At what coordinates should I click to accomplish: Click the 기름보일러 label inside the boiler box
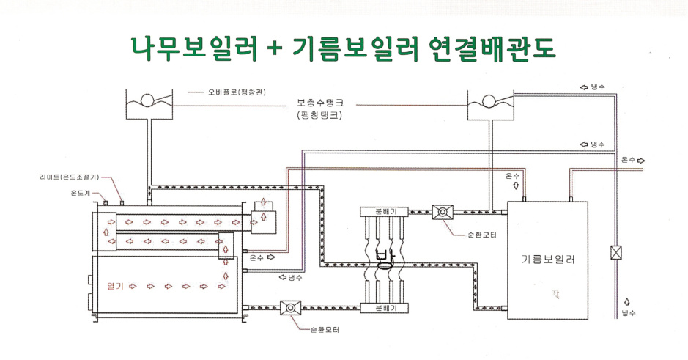point(548,259)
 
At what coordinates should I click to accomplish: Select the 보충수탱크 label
point(320,103)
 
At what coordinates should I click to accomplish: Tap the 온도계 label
point(81,193)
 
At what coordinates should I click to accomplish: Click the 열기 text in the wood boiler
point(115,287)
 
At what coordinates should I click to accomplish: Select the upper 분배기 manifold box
point(385,212)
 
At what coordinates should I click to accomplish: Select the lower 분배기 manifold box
point(385,308)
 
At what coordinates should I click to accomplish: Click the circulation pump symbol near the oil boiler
point(443,212)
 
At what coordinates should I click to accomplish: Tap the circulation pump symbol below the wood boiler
point(290,308)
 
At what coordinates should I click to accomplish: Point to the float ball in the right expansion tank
point(489,101)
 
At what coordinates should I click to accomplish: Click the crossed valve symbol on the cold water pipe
point(617,253)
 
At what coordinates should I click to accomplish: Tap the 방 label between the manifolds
point(385,260)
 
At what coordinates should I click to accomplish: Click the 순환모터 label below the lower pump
point(325,330)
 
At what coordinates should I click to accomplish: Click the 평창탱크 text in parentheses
point(319,116)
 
